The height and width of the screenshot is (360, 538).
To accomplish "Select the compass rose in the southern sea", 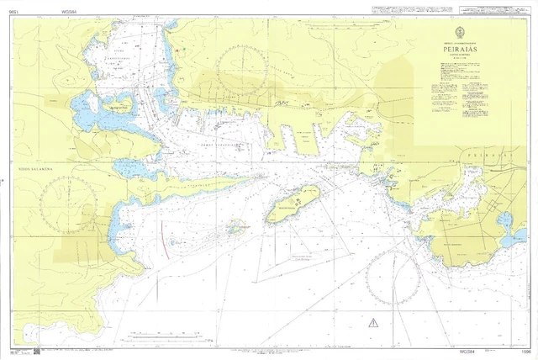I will [394, 278].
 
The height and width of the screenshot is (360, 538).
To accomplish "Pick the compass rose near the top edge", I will [244, 68].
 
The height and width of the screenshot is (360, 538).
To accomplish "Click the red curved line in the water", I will [165, 236].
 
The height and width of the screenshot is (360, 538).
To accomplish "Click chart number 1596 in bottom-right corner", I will [525, 351].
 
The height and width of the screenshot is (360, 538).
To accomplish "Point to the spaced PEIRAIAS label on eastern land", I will [485, 156].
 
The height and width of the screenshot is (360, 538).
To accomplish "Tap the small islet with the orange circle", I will [235, 226].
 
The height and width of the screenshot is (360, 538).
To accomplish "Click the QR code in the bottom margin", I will [37, 350].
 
